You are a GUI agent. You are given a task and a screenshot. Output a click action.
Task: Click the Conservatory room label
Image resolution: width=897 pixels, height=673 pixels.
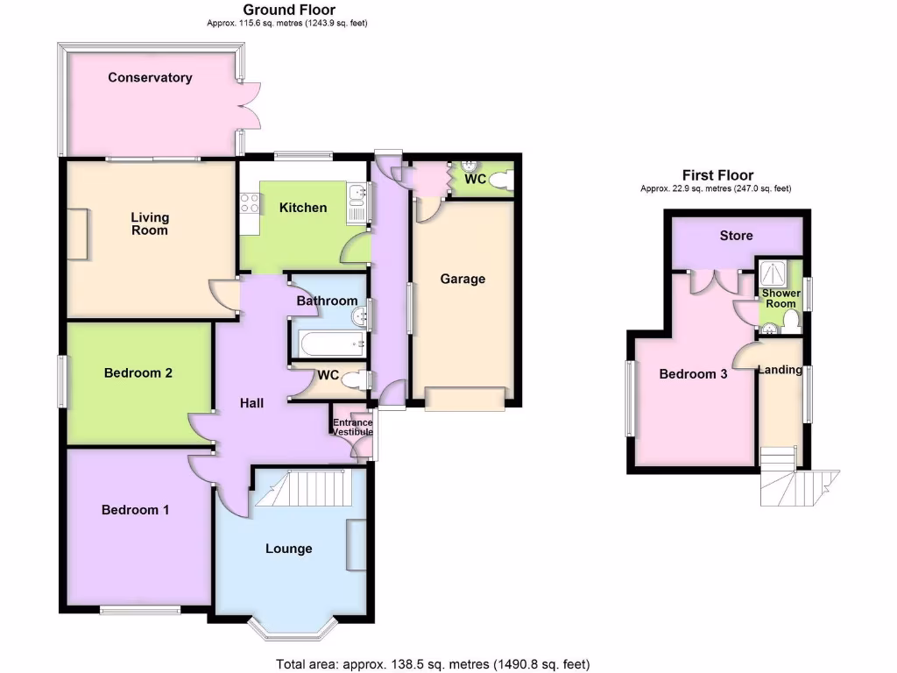coord(150,77)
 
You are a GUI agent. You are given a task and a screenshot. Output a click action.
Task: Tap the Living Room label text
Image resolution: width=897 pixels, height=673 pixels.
coord(150,223)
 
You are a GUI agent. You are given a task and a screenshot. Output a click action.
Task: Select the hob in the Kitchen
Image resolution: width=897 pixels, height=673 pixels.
coord(249,203)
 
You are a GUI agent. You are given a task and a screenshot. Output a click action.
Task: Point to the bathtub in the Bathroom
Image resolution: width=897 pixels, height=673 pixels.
coord(328,343)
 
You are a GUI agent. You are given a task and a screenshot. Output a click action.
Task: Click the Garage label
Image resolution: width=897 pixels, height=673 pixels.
coord(463,279)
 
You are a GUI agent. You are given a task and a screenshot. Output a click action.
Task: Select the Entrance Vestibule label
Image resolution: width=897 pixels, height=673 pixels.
coord(352,428)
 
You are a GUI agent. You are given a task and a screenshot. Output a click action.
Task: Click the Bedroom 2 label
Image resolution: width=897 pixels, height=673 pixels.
coord(138,372)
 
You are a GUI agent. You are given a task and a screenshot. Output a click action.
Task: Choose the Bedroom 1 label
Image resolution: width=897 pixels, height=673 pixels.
coord(135,510)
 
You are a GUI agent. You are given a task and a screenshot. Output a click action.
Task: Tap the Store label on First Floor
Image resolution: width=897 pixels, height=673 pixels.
coord(736,235)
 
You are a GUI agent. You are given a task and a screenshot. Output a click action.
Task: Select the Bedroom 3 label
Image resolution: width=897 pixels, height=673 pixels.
coord(693,374)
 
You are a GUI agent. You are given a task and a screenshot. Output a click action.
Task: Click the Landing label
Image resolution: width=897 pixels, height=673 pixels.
coord(780,370)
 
